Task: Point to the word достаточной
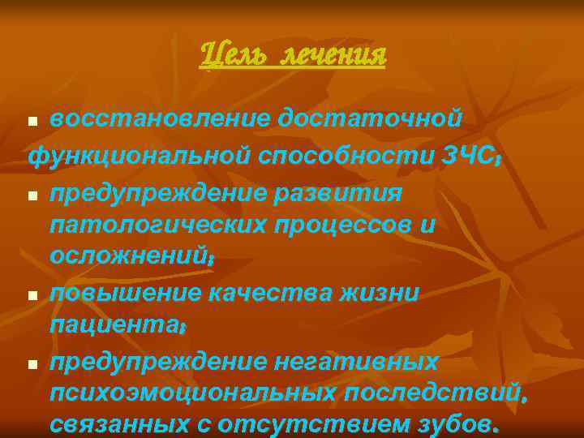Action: click(x=371, y=119)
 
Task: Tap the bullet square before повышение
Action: click(x=32, y=295)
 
